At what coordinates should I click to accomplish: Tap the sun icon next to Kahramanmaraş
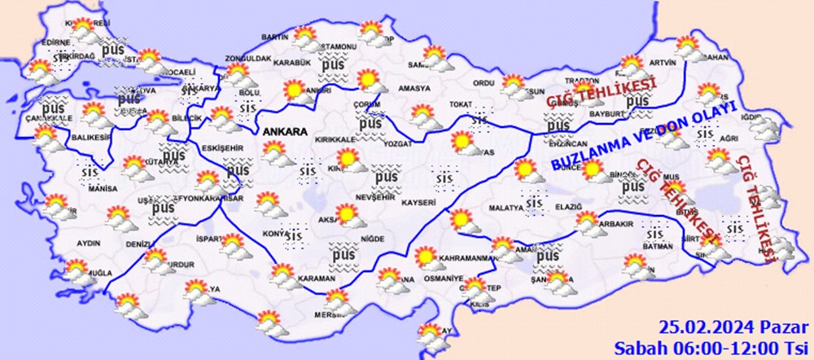click(x=424, y=256)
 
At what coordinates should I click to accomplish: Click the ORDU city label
click(x=484, y=82)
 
